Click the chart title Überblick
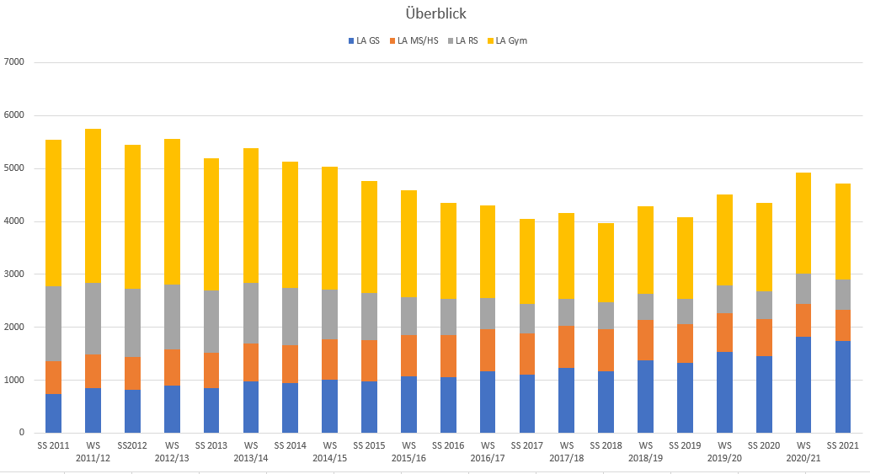click(435, 13)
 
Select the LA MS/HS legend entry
click(418, 40)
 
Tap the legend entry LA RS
click(467, 40)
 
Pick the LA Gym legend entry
click(511, 40)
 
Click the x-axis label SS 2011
click(54, 444)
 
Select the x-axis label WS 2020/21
click(803, 450)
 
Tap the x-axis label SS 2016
click(448, 444)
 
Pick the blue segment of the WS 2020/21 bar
click(803, 385)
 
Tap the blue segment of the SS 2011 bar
click(54, 413)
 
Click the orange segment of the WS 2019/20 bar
click(724, 333)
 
